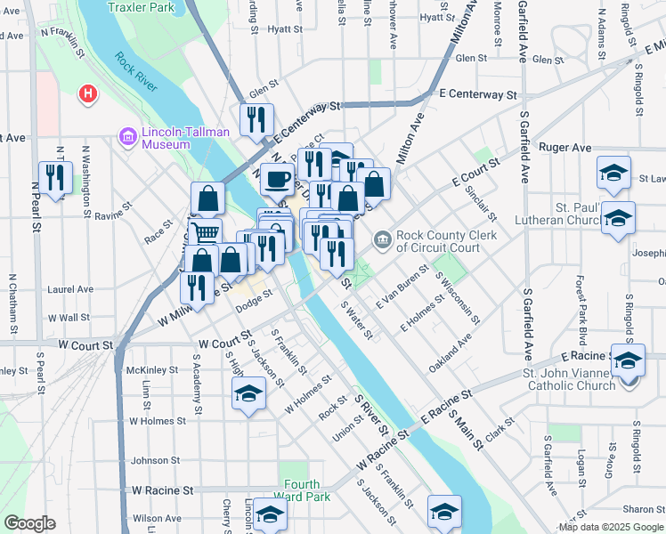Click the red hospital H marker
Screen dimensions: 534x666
coord(87,93)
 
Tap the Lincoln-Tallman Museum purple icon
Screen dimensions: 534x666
coord(126,137)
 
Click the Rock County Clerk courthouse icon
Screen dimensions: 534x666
coord(382,239)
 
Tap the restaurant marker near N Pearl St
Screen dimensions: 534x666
coord(55,178)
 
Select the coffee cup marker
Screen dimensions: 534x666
coord(277,180)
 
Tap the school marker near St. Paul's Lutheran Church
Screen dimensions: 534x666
coord(618,218)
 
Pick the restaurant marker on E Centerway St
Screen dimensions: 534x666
coord(256,119)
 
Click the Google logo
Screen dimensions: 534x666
coord(28,524)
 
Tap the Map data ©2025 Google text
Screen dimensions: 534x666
coord(612,527)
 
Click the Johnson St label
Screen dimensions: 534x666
coord(156,461)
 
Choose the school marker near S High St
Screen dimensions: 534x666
coord(248,393)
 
